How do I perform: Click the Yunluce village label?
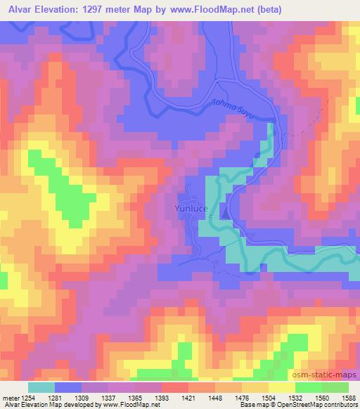pos(187,208)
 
